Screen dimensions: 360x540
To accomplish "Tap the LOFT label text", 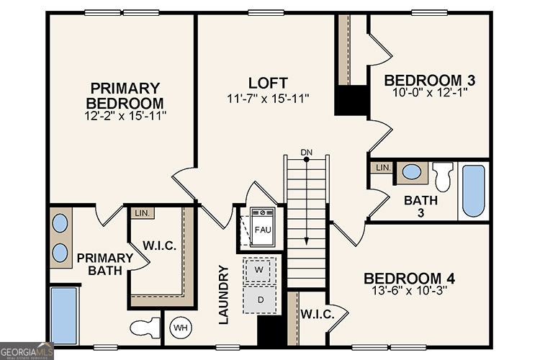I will coord(268,82).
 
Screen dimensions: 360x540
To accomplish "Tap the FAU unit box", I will coord(263,229).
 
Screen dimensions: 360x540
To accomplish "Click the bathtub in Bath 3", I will coord(473,191).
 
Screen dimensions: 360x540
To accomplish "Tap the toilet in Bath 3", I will coord(443,174).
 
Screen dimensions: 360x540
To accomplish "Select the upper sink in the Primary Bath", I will coord(61,222).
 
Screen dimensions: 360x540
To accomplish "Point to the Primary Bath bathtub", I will coord(64,315).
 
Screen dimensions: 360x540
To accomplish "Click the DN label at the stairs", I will coord(307,152).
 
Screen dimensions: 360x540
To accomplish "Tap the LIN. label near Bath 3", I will coord(382,168).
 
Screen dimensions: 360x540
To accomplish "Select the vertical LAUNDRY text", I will coord(223,294).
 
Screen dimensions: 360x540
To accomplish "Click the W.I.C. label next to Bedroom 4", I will coord(315,314).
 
